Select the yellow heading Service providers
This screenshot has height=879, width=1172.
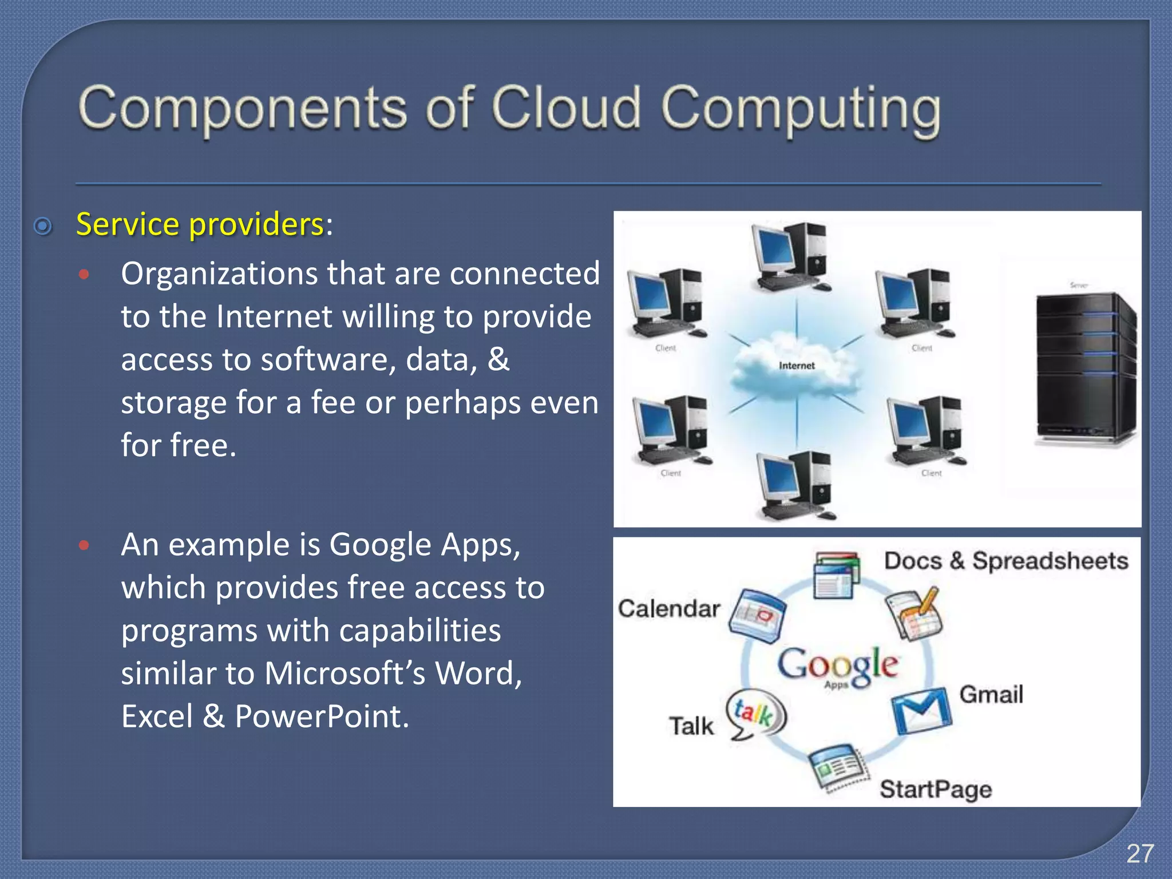[200, 224]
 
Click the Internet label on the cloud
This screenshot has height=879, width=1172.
[796, 366]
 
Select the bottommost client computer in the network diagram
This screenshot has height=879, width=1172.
[795, 486]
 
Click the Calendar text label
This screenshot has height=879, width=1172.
[668, 609]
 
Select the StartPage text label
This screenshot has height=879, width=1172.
[936, 789]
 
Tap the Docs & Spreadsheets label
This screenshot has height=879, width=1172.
[1005, 561]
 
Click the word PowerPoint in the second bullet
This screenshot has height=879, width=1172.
[322, 716]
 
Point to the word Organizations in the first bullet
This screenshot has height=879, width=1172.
[220, 274]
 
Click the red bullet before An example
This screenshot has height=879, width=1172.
[84, 545]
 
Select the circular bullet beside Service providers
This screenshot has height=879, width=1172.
[43, 227]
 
